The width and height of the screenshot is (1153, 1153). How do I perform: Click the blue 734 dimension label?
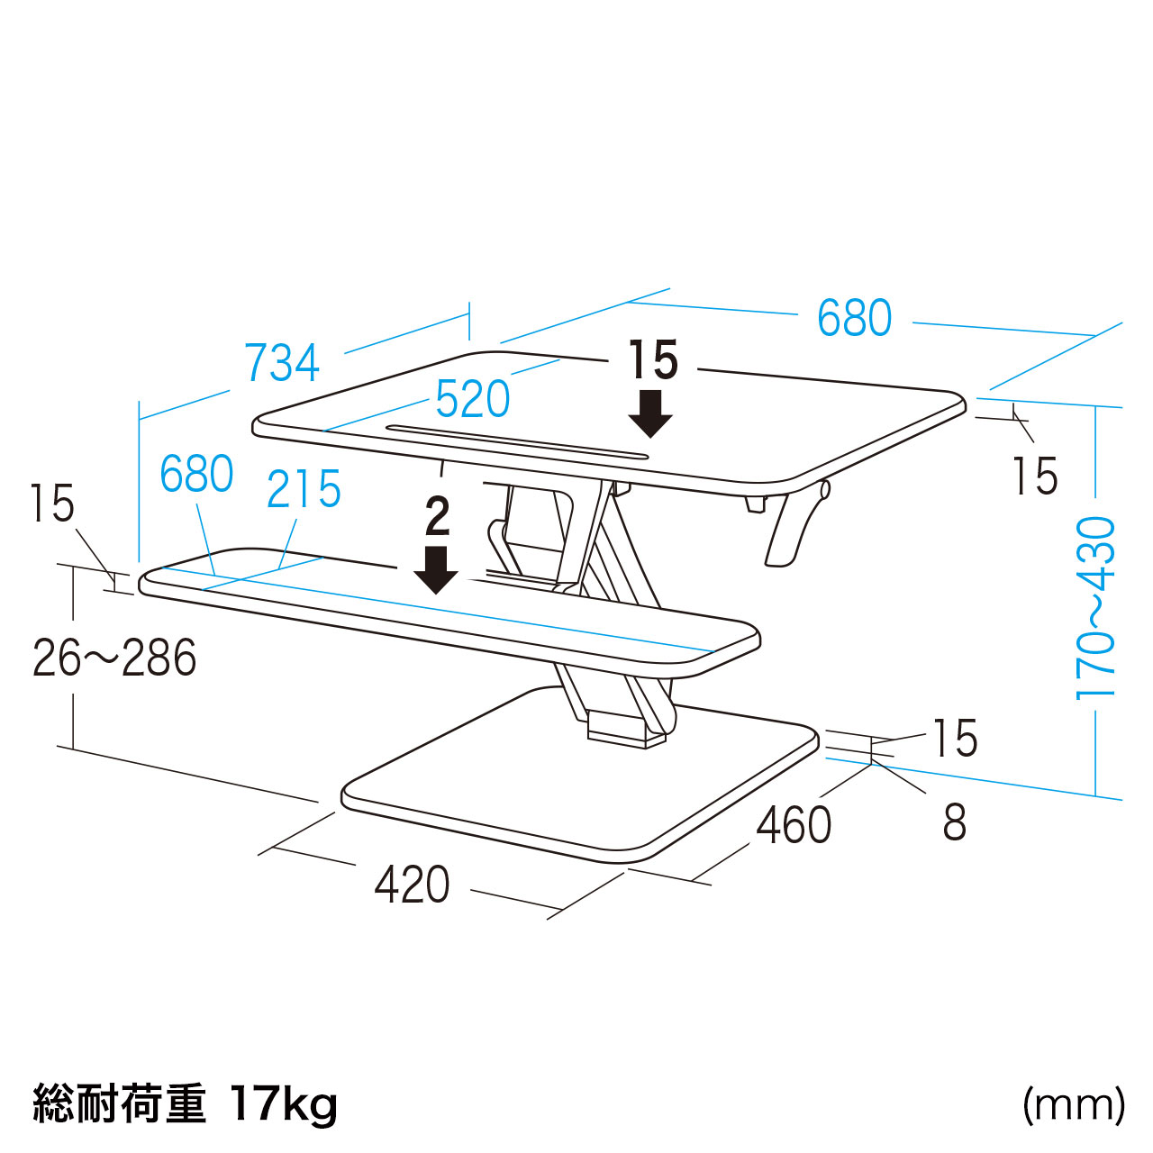282,363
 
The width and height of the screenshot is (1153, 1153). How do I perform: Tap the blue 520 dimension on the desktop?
473,399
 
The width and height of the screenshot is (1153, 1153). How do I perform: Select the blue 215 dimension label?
304,490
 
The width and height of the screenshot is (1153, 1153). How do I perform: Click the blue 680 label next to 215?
196,475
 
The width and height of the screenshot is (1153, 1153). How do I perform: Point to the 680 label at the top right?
854,318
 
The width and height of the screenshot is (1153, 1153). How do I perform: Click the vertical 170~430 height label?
1095,608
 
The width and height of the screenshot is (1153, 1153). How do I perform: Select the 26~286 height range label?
114,658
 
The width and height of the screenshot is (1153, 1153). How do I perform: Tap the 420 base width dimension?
413,885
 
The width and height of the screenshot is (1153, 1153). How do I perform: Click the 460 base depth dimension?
794,825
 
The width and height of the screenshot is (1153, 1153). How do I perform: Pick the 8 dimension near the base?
955,822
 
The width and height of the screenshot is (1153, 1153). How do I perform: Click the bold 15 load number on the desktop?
652,360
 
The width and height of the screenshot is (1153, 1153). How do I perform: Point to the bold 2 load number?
437,517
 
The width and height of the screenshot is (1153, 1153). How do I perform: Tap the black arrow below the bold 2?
437,571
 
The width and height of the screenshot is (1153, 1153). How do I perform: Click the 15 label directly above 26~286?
52,504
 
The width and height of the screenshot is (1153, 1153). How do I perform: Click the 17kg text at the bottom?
284,1103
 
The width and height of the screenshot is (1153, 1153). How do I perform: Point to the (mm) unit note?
1073,1103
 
